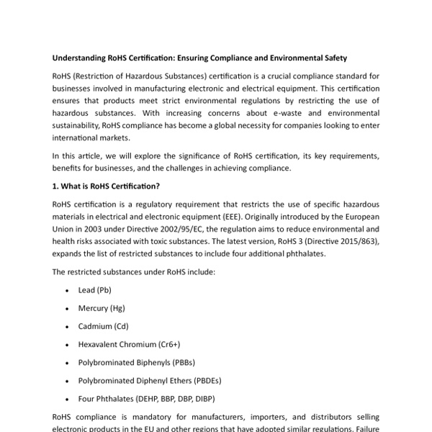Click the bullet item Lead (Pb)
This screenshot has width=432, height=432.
coord(94,290)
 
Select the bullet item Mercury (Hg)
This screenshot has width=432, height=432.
coord(102,308)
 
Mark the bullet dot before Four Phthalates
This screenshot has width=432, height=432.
coord(67,398)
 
